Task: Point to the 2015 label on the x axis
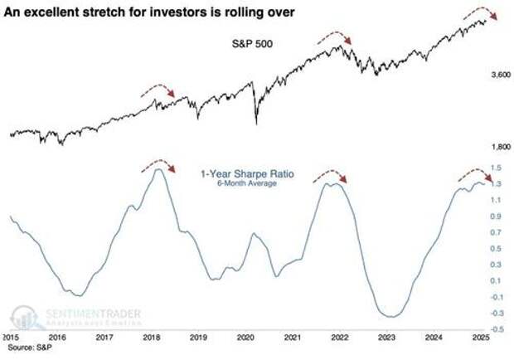pos(11,339)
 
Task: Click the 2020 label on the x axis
pos(245,339)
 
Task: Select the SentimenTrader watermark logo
pos(75,317)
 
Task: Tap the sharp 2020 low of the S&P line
pos(255,124)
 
